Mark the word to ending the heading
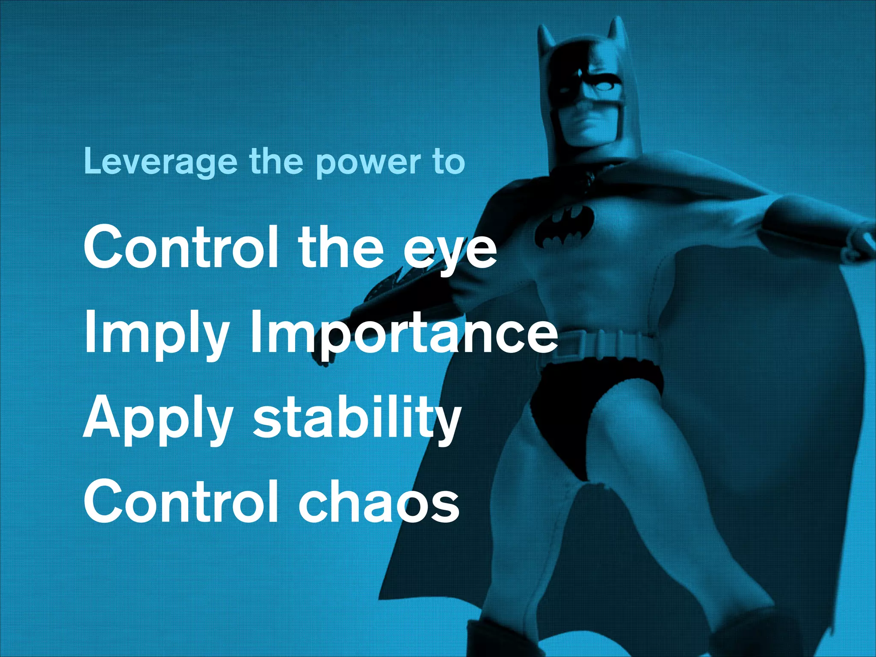(449, 163)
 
